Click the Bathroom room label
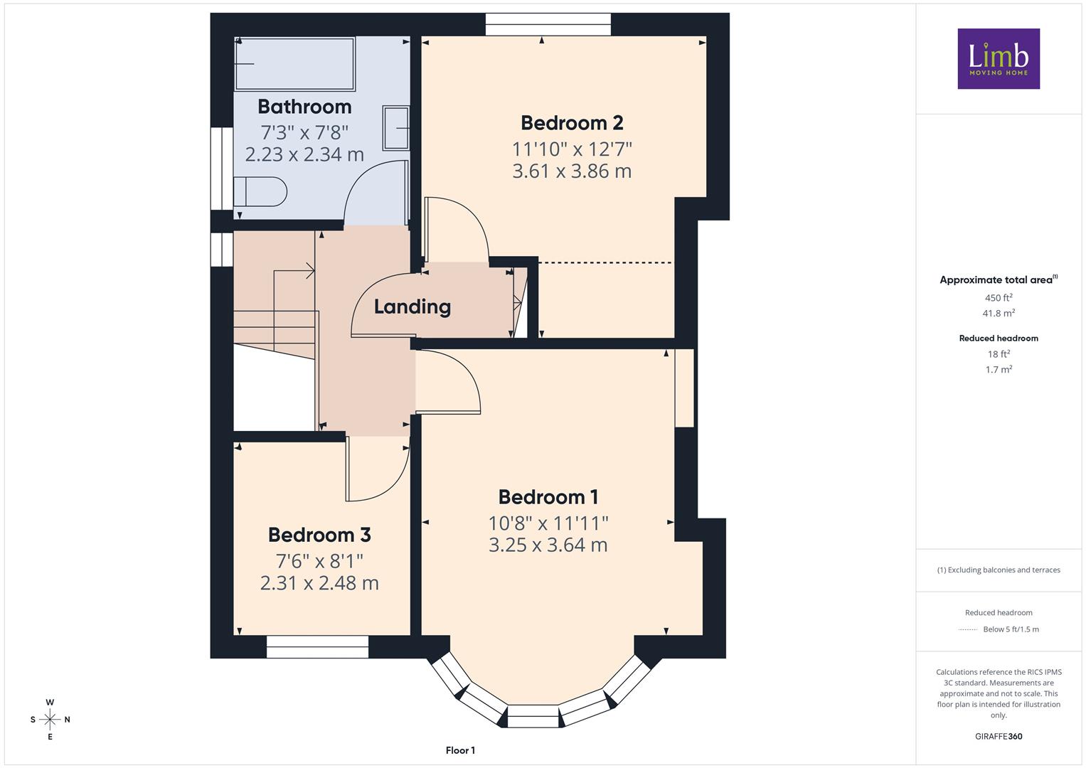point(304,107)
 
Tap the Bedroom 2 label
point(572,123)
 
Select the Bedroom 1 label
point(548,497)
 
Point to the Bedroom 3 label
point(319,535)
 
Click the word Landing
point(412,307)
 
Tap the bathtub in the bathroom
point(294,63)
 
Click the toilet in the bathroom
point(260,192)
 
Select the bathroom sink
point(396,128)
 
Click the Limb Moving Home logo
point(999,58)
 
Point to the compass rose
point(50,720)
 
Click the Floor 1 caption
point(461,750)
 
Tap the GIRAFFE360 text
point(999,737)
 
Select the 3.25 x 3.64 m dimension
point(548,545)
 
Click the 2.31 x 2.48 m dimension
point(319,583)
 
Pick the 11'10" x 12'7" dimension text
point(572,149)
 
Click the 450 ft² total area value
point(999,298)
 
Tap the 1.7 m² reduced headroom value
point(999,369)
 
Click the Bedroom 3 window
point(318,647)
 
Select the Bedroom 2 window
point(548,24)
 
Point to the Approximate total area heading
point(999,279)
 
